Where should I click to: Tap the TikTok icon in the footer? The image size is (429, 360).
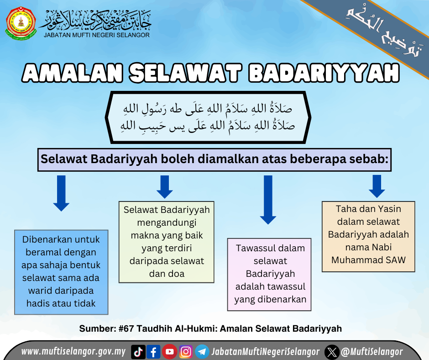click(138, 352)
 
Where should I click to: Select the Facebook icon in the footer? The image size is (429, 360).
click(153, 352)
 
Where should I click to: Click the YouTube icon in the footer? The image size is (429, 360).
click(170, 351)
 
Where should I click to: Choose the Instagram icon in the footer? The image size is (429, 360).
click(186, 352)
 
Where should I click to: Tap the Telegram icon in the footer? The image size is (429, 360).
click(202, 352)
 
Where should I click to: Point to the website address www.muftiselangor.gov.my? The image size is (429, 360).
click(73, 351)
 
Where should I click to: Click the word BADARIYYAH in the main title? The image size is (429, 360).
click(324, 73)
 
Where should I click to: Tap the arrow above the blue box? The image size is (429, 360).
click(61, 193)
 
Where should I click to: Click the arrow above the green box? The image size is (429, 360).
click(164, 187)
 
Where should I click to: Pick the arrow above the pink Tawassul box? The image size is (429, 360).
click(268, 200)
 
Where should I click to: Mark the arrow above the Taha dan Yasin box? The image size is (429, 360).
click(377, 186)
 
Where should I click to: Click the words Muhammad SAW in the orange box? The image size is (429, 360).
click(368, 260)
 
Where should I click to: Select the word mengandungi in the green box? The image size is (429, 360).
click(167, 223)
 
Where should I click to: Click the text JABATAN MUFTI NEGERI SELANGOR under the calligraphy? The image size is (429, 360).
click(97, 35)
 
